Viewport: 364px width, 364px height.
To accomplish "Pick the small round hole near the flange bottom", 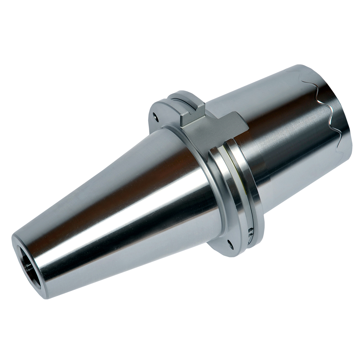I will (x=230, y=243).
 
